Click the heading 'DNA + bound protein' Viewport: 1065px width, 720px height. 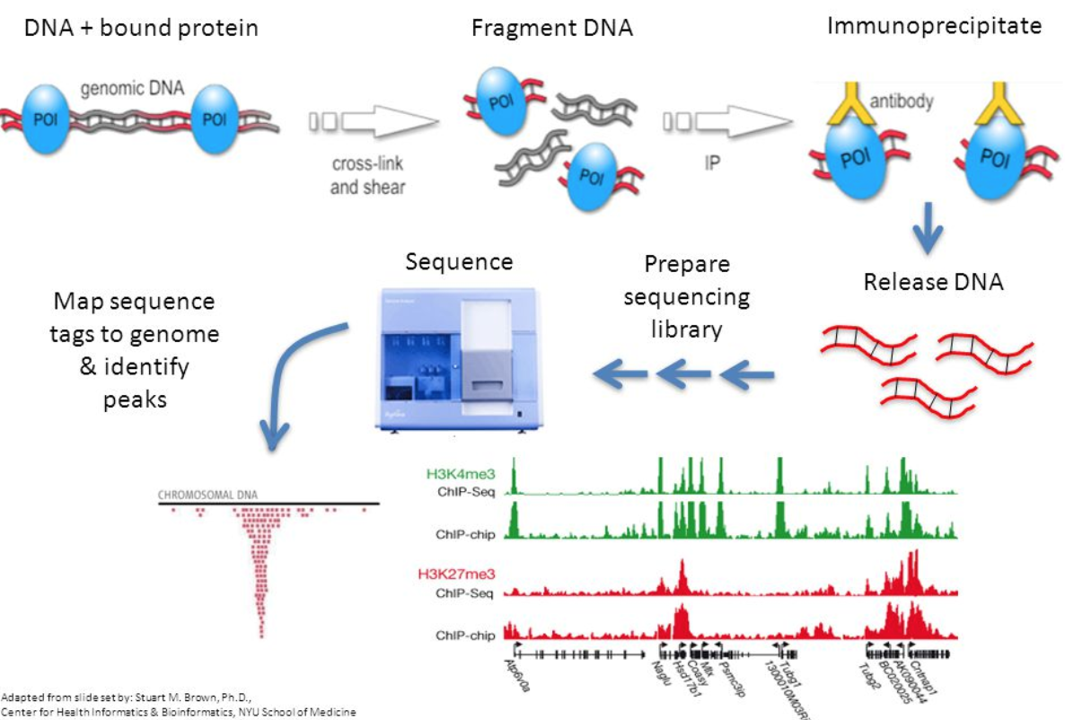tap(141, 28)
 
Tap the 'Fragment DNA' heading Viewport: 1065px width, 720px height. tap(552, 28)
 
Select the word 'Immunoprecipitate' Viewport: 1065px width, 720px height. tap(934, 25)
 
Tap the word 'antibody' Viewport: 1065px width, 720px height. tap(901, 101)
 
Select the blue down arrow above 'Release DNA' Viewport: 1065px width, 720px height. tap(929, 232)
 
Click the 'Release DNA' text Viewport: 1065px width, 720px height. tap(933, 282)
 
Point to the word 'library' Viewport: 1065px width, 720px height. tap(686, 329)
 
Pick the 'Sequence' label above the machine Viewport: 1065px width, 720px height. tap(459, 262)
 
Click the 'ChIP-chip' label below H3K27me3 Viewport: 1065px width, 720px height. tap(465, 636)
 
